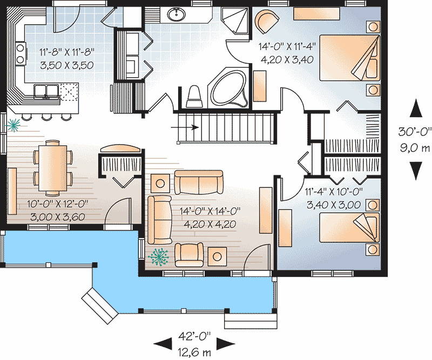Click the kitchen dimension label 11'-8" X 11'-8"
(67, 53)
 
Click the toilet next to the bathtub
(194, 96)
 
